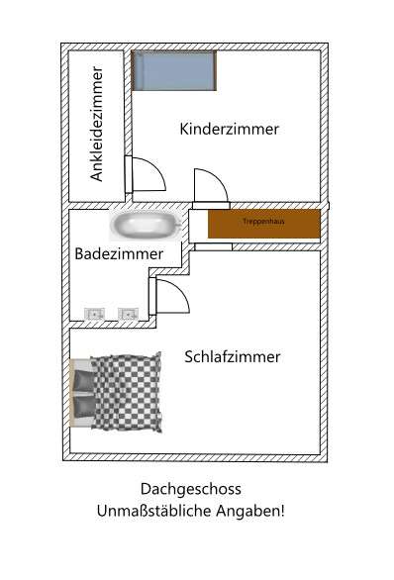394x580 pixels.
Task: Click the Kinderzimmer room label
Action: click(x=229, y=129)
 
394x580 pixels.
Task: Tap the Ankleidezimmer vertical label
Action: click(x=97, y=124)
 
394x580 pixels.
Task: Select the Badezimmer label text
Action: click(x=119, y=254)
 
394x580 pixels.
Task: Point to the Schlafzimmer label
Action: click(x=233, y=357)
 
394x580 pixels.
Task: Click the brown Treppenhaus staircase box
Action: click(x=263, y=224)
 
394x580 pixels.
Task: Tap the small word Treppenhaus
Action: click(x=263, y=222)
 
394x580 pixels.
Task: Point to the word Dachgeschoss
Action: click(x=191, y=489)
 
